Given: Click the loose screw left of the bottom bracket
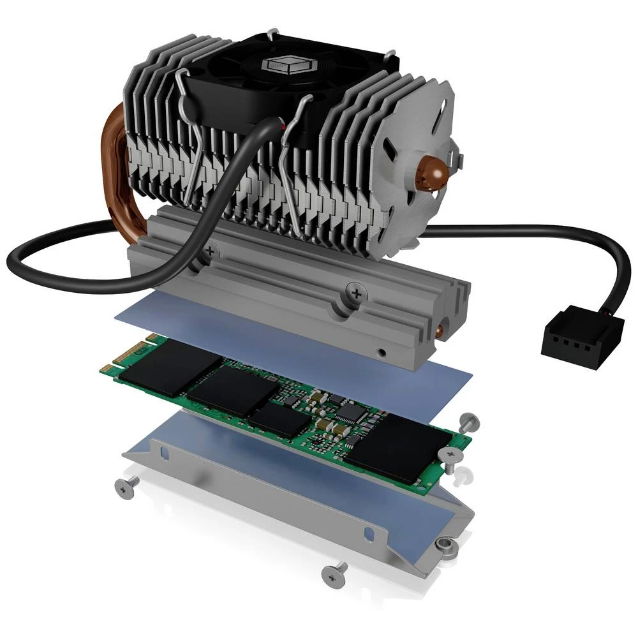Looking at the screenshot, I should [x=124, y=487].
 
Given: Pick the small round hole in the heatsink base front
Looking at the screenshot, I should [x=381, y=351].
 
